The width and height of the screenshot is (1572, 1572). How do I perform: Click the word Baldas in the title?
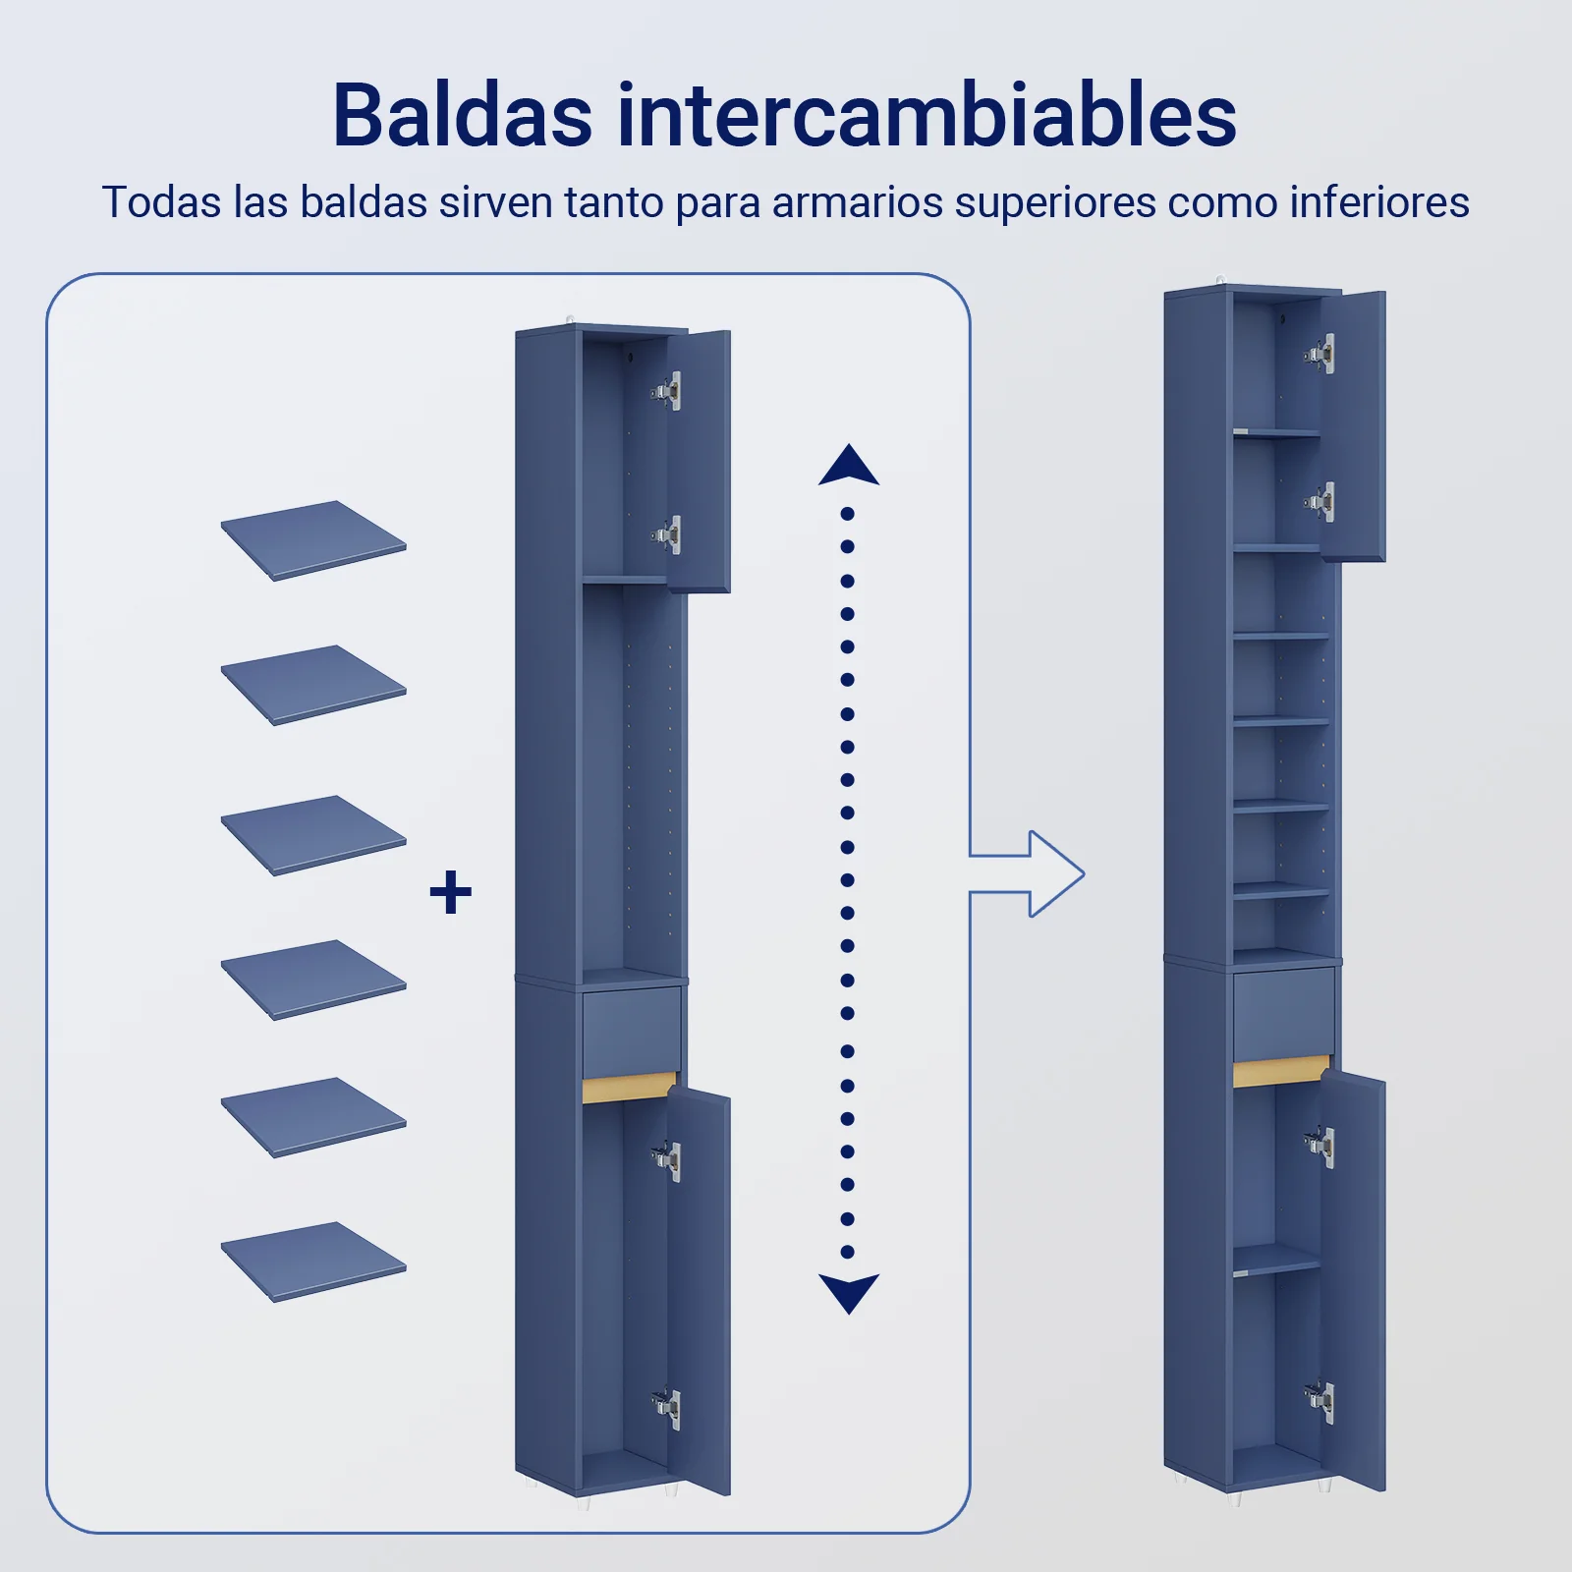[x=463, y=116]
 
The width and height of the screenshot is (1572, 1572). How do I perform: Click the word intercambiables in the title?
[x=926, y=116]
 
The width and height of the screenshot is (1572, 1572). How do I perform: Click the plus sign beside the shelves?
[x=451, y=893]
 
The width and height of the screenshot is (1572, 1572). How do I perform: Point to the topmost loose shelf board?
[x=313, y=540]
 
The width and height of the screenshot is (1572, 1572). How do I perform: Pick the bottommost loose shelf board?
[x=313, y=1263]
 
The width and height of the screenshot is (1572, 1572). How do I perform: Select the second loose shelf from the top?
[x=313, y=685]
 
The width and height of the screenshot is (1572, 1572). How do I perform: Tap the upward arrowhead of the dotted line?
[x=849, y=465]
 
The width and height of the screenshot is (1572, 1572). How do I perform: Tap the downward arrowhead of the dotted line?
[x=849, y=1294]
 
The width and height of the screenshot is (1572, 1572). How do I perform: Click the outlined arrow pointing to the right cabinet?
[x=1028, y=874]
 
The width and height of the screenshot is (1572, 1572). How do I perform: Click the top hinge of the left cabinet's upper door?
[x=667, y=390]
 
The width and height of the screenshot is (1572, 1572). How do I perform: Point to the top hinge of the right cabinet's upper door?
[x=1319, y=354]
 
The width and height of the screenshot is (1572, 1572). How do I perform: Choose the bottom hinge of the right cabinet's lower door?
[x=1319, y=1400]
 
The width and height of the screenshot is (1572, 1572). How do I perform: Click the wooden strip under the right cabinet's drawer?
[x=1281, y=1071]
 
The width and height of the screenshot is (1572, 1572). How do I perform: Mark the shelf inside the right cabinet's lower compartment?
[x=1276, y=1261]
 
